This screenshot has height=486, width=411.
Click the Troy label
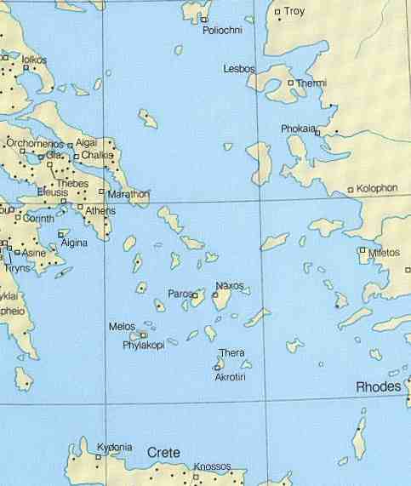[x=294, y=11]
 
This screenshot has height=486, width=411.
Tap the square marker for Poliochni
[x=205, y=18]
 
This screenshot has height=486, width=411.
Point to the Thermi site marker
[x=291, y=83]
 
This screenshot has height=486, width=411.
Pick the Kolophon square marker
[x=351, y=190]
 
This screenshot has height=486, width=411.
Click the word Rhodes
[x=378, y=386]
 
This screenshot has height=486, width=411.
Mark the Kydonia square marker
[x=99, y=457]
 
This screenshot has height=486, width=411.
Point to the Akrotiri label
[x=230, y=375]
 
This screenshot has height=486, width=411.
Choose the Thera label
[x=231, y=352]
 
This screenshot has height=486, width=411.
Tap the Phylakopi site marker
[x=144, y=335]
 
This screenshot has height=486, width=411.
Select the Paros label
[x=180, y=294]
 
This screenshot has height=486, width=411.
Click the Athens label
[x=100, y=210]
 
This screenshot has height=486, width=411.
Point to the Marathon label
[x=128, y=194]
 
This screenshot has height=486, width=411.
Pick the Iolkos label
[x=35, y=60]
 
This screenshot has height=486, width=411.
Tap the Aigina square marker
[x=60, y=233]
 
